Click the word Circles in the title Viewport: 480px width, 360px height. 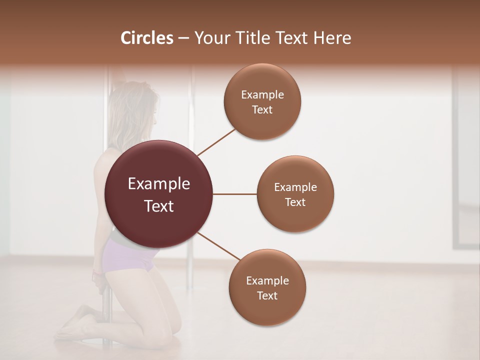tap(147, 38)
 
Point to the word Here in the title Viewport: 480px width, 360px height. tap(332, 38)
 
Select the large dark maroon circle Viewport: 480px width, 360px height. tap(158, 194)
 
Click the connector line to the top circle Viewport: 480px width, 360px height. tap(216, 142)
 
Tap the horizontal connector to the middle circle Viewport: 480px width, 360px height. tap(234, 194)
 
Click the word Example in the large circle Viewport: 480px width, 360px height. tap(159, 184)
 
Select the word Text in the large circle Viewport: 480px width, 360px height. tap(159, 206)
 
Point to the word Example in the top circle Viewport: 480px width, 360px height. tap(262, 95)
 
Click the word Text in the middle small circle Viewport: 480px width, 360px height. tap(295, 202)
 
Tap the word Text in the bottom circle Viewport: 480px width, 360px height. tap(267, 295)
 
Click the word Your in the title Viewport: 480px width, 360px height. tap(209, 38)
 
